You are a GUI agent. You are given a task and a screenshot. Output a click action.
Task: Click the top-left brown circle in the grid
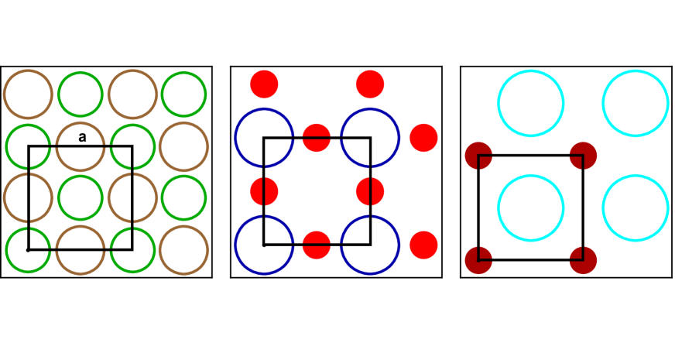click(x=29, y=94)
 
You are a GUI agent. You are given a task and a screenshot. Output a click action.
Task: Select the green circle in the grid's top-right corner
click(x=183, y=94)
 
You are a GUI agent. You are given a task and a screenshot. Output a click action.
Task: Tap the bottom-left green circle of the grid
click(x=29, y=250)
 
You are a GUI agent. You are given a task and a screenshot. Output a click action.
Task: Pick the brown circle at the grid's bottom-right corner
click(x=183, y=250)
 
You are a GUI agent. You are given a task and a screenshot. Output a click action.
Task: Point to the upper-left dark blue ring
click(x=264, y=138)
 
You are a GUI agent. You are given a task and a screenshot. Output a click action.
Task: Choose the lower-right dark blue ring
click(x=370, y=245)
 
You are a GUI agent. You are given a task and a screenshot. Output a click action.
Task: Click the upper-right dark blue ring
click(x=370, y=138)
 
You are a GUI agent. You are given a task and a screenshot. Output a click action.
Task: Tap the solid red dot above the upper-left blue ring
click(x=264, y=84)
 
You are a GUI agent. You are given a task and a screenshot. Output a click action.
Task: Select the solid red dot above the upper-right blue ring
click(x=370, y=84)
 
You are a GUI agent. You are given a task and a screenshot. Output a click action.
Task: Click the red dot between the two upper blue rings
click(x=317, y=138)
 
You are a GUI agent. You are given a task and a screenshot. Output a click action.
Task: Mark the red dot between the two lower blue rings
click(x=317, y=245)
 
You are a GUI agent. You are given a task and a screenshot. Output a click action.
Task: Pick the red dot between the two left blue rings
click(x=264, y=191)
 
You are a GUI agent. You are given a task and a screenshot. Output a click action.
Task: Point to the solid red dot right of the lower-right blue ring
click(x=423, y=245)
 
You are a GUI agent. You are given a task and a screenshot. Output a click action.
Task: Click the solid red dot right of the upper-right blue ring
click(x=423, y=138)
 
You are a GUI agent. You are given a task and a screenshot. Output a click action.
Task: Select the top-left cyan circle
click(x=530, y=103)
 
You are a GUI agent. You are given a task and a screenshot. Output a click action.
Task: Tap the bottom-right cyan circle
click(x=636, y=207)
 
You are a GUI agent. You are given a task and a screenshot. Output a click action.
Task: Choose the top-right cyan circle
click(x=636, y=103)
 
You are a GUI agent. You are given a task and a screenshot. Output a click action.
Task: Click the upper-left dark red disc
click(x=478, y=156)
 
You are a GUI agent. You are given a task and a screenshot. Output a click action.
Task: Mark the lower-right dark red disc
click(x=583, y=260)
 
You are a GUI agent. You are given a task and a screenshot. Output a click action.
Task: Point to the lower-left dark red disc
click(x=478, y=260)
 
